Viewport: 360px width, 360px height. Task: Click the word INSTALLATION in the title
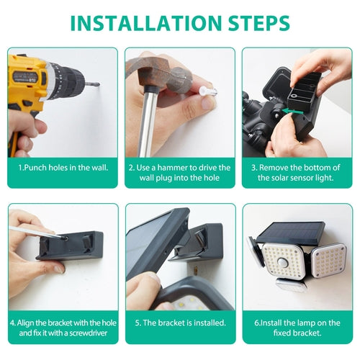click(146, 23)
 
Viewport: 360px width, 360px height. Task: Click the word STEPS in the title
click(259, 23)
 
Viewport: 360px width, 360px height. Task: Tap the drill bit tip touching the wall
click(99, 84)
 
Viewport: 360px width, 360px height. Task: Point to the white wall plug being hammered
click(207, 91)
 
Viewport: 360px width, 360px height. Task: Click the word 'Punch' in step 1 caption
click(35, 168)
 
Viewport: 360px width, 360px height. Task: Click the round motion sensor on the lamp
click(284, 263)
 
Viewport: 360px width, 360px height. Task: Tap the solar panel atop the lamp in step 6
click(291, 233)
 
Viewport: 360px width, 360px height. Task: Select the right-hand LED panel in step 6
click(329, 261)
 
